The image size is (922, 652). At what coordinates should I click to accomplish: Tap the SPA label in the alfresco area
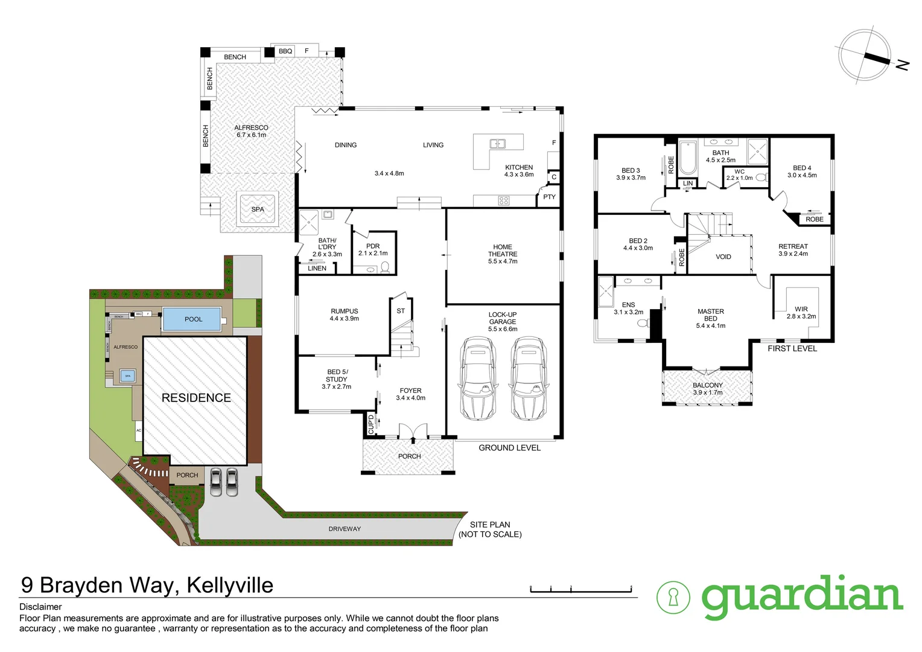click(258, 209)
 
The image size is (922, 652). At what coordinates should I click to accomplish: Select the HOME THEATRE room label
click(503, 251)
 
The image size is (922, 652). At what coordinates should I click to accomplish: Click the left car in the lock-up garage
click(477, 379)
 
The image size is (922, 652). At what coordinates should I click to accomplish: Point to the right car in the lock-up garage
click(529, 379)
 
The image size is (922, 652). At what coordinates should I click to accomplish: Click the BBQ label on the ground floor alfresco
click(285, 51)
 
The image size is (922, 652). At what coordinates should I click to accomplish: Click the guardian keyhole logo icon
click(673, 598)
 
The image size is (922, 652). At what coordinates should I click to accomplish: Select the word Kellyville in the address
click(230, 585)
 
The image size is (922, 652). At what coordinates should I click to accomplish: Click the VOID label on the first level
click(723, 257)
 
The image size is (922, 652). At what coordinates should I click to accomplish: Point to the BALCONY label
click(708, 385)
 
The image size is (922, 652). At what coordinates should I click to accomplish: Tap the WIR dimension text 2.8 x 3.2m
click(801, 316)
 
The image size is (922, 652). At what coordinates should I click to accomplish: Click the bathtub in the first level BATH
click(688, 158)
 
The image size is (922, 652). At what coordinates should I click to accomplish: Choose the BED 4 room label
click(802, 168)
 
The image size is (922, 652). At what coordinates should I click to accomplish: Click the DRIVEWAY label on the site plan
click(345, 529)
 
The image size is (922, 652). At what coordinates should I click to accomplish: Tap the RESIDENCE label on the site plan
click(196, 398)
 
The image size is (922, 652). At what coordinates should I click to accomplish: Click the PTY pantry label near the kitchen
click(549, 197)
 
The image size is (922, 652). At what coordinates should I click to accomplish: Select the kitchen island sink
click(498, 144)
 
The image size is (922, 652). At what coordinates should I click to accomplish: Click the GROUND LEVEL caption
click(509, 448)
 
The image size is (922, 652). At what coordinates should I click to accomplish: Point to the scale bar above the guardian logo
click(580, 589)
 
